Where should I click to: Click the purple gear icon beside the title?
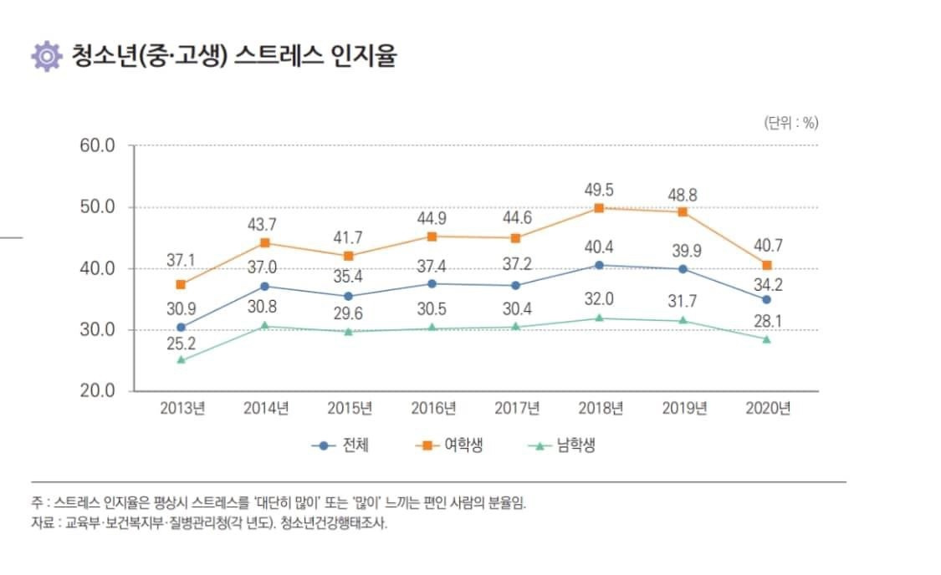click(x=47, y=57)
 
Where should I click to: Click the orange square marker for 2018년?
click(x=599, y=208)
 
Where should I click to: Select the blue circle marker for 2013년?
click(x=182, y=327)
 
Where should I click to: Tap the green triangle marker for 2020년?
click(x=766, y=339)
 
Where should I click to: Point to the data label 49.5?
click(x=599, y=190)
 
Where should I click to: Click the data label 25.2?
click(x=182, y=343)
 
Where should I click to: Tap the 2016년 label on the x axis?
click(x=433, y=409)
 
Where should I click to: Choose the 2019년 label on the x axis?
click(x=684, y=409)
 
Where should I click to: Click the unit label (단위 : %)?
click(x=790, y=123)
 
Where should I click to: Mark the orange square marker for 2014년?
click(x=265, y=243)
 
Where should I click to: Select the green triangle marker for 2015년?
click(x=349, y=332)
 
